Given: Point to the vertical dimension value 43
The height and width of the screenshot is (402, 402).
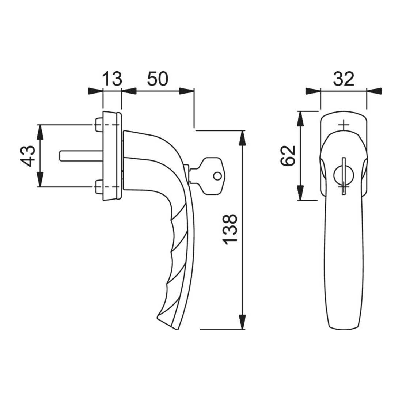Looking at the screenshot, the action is coord(27,156).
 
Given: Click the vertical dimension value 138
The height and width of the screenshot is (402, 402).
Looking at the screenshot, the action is coord(230,229).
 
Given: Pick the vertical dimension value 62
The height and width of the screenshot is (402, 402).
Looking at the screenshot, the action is coord(288,156).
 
